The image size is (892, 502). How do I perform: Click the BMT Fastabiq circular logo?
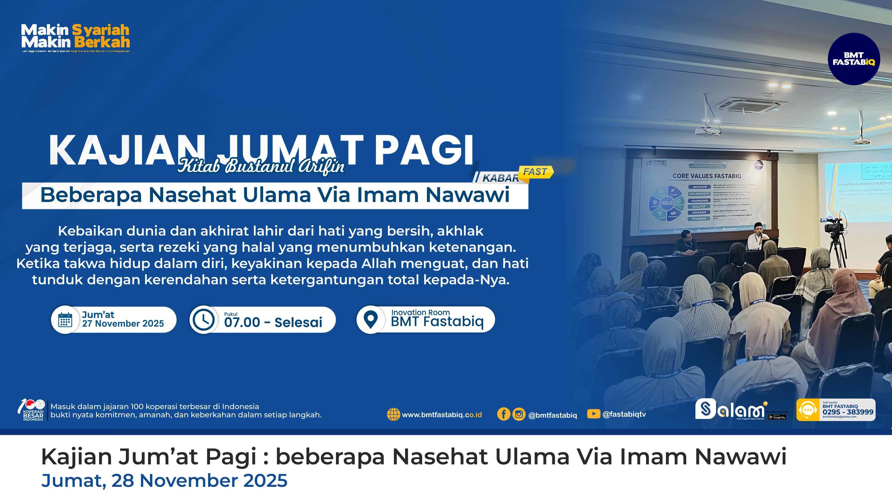[854, 59]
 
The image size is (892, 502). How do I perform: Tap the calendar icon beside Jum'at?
[65, 320]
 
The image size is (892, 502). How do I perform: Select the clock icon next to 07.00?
[204, 320]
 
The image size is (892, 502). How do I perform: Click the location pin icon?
[371, 320]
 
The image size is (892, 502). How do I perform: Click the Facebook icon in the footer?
[504, 414]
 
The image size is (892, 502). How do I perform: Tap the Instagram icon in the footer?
[519, 414]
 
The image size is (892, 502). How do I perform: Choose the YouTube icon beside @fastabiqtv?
[593, 414]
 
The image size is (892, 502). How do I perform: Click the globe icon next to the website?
[393, 414]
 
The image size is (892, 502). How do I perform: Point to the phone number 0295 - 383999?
[848, 412]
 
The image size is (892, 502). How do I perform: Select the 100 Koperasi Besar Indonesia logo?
[32, 410]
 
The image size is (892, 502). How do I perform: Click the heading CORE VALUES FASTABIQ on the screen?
[706, 176]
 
